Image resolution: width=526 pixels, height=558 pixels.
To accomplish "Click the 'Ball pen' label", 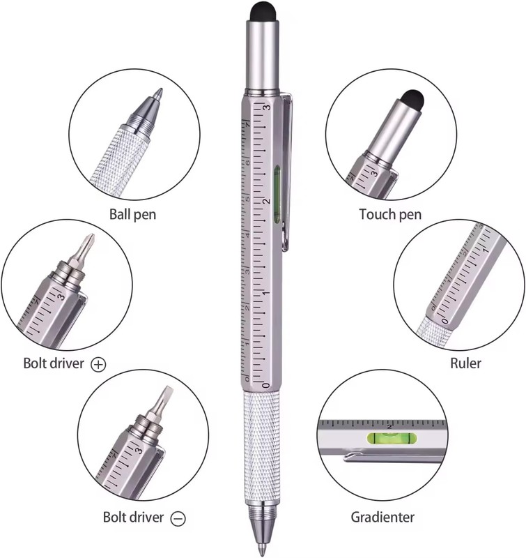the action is coord(132,215).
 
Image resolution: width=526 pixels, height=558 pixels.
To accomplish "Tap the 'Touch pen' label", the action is coord(390,214).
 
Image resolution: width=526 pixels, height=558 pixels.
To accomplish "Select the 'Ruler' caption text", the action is coord(465,363).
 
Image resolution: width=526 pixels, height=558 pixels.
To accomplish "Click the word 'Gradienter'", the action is coord(382,517).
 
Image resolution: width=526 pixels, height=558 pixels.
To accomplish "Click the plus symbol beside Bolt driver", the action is coord(98,365).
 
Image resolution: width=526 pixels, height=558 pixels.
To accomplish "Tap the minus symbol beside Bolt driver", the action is coord(178,518).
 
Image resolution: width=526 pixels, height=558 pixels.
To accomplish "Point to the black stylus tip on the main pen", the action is coord(263,11).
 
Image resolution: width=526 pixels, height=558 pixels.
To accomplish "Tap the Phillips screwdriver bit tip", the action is coord(91,238).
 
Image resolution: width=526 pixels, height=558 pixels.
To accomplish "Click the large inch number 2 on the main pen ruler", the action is coord(267,201).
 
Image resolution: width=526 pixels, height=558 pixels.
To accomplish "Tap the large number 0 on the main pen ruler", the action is coord(266,385).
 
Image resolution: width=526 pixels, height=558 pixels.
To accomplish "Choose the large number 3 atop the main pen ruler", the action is coord(267,107).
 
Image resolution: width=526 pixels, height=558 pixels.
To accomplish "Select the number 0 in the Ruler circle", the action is coord(445,321).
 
